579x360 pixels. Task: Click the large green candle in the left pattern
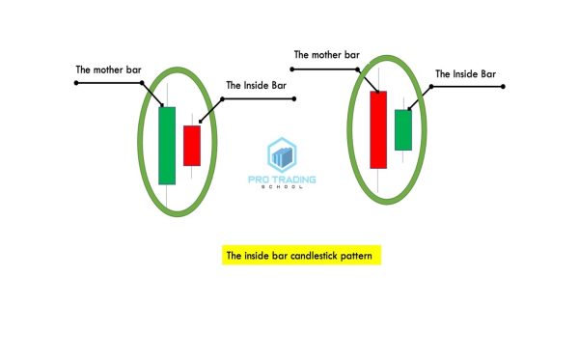tap(167, 145)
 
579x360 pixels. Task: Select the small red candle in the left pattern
tap(192, 145)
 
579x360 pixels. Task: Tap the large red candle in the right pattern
tap(377, 129)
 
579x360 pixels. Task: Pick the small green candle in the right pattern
tap(402, 129)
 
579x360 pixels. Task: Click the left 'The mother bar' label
tap(109, 70)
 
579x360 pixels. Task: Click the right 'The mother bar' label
tap(326, 55)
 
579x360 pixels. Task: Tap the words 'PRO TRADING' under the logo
tap(283, 179)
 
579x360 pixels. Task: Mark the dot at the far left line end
tap(75, 83)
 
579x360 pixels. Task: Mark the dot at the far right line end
tap(504, 87)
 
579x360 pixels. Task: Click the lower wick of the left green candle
tap(167, 194)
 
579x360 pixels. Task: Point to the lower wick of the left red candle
tap(192, 172)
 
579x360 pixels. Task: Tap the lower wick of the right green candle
tap(402, 156)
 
